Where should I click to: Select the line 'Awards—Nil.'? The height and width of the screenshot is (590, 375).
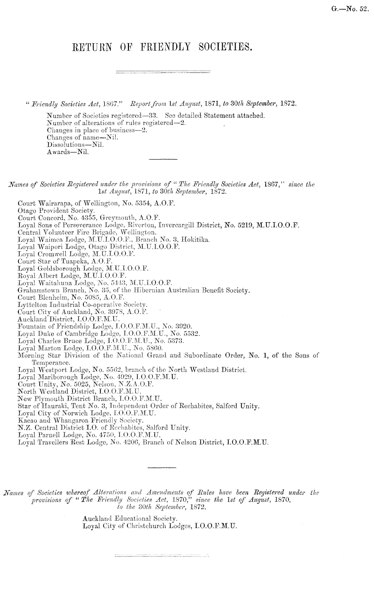click(69, 152)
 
